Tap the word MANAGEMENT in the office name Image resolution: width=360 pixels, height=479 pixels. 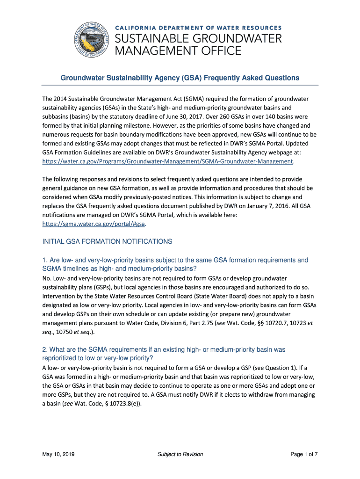point(166,51)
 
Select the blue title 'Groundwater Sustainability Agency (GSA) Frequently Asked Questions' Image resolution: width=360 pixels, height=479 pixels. point(180,78)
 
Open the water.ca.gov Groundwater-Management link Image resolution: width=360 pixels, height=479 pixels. point(168,161)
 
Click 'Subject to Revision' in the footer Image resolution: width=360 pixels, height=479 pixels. point(180,454)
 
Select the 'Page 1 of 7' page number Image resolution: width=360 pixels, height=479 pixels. point(304,454)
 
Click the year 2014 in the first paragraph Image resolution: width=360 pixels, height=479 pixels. point(61,99)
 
